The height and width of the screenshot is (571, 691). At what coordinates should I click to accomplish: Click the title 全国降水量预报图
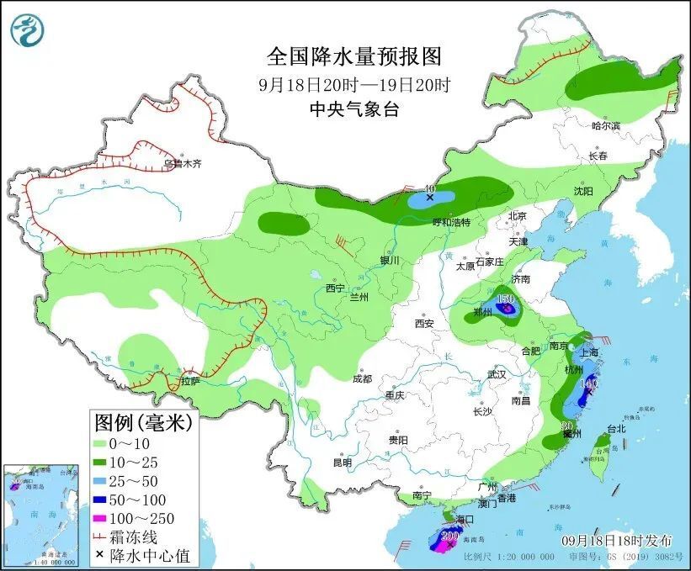[353, 56]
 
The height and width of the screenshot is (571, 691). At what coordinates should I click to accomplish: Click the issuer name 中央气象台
[353, 108]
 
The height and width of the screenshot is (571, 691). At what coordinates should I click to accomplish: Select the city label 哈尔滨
[605, 125]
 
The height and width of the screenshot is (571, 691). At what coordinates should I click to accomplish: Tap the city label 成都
[363, 378]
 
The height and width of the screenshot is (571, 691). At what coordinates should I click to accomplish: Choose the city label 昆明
[342, 462]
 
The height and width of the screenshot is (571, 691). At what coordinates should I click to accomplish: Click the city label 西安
[423, 323]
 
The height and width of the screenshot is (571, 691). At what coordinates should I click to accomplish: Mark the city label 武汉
[497, 373]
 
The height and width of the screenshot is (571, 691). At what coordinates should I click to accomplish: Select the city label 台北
[616, 428]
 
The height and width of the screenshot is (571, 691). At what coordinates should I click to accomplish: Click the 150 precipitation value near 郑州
[506, 299]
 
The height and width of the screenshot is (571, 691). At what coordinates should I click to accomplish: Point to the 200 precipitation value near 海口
[449, 536]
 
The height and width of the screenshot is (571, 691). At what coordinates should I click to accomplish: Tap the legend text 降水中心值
[154, 554]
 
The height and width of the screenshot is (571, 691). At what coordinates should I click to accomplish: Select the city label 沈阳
[582, 192]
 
